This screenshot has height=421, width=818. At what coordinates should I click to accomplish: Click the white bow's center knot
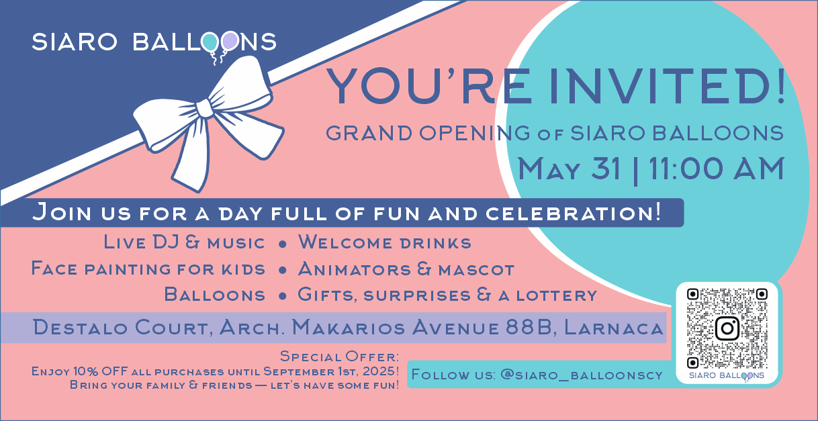(205, 109)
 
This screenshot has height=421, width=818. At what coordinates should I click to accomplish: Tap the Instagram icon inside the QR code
(727, 328)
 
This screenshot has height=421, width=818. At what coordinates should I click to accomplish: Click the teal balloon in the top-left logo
(210, 42)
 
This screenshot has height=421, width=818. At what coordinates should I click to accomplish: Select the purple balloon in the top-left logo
(230, 40)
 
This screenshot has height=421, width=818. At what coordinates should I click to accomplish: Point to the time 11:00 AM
(717, 169)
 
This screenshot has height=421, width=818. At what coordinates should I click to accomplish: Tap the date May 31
(570, 169)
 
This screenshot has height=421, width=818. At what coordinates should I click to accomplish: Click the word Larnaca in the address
(614, 328)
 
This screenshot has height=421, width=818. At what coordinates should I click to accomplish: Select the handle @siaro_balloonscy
(582, 375)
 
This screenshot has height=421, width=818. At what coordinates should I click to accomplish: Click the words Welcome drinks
(385, 242)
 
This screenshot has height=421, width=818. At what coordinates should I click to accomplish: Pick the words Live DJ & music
(184, 242)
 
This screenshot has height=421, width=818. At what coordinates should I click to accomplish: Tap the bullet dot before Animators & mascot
(282, 271)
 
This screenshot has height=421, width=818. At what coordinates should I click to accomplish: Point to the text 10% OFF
(101, 371)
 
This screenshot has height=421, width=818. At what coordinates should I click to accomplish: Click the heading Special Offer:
(340, 356)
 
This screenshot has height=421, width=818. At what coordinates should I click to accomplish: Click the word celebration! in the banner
(573, 212)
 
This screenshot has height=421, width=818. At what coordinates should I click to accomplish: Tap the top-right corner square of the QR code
(762, 294)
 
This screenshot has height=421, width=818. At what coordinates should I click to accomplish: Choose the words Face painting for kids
(148, 269)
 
